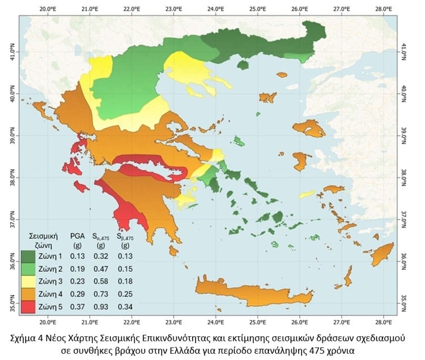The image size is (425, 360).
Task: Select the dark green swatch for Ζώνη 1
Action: (x=29, y=256)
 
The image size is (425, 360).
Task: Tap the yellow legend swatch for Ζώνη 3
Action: (x=29, y=281)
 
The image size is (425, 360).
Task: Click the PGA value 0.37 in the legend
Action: (x=77, y=306)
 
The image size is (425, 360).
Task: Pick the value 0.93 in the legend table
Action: (x=100, y=306)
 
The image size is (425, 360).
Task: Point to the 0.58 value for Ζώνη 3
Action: (x=100, y=281)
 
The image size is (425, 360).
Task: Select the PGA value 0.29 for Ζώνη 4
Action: (x=77, y=294)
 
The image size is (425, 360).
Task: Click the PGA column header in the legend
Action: (x=77, y=234)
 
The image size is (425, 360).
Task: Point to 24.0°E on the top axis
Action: (x=215, y=9)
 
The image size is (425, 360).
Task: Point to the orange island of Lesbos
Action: (x=309, y=128)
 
